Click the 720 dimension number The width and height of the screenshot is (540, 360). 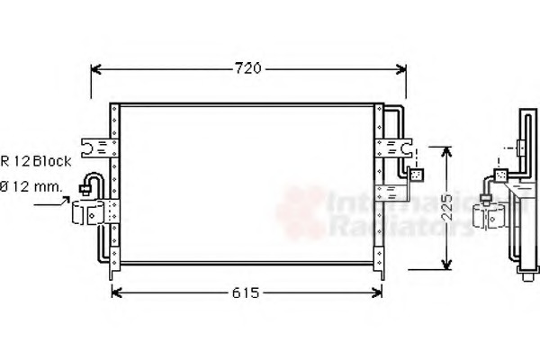click(x=249, y=68)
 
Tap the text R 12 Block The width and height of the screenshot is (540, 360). click(x=36, y=161)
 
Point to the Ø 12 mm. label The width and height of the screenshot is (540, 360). click(x=31, y=187)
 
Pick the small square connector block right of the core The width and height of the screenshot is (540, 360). click(x=416, y=175)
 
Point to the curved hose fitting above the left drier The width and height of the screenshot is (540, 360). click(x=90, y=183)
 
